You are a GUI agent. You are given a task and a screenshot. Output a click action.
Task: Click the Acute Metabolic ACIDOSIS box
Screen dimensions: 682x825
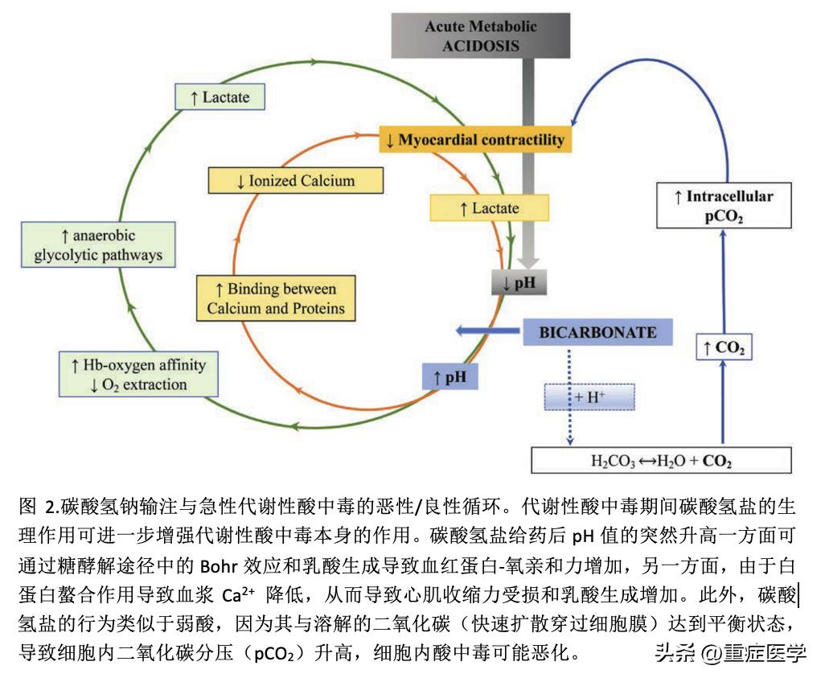pyautogui.click(x=480, y=35)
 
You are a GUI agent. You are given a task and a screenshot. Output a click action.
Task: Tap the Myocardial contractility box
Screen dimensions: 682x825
pyautogui.click(x=475, y=139)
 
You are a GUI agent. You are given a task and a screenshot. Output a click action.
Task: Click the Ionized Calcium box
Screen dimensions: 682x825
pyautogui.click(x=295, y=180)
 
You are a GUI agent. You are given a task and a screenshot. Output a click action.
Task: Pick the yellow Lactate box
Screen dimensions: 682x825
pyautogui.click(x=489, y=208)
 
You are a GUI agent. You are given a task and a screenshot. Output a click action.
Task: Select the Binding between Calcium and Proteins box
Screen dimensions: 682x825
pyautogui.click(x=276, y=298)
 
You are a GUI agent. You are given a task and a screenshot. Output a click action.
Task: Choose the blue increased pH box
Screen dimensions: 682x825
pyautogui.click(x=450, y=376)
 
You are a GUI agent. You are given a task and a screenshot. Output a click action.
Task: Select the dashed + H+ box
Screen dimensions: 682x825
pyautogui.click(x=589, y=396)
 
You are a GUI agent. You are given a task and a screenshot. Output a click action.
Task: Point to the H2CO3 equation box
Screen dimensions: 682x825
pyautogui.click(x=661, y=461)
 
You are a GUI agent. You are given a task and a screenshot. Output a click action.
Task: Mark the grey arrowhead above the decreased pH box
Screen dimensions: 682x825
pyautogui.click(x=527, y=261)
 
